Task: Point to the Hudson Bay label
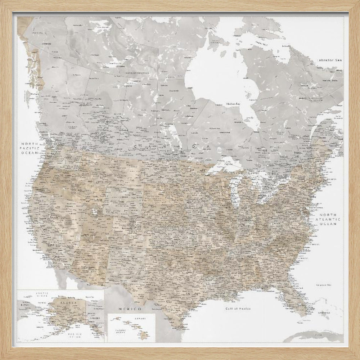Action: coord(233,104)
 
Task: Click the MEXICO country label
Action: coord(129,309)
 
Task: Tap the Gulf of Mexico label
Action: coord(238,309)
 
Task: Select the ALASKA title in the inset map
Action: coord(68,303)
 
